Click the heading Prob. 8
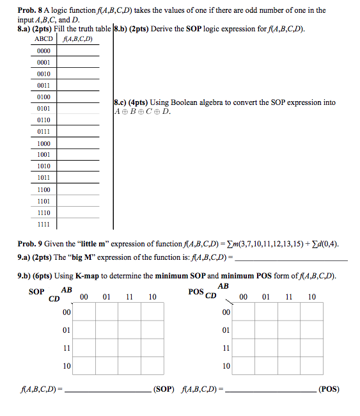(29, 10)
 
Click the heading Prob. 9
(29, 244)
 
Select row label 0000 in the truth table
(43, 51)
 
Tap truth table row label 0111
(43, 132)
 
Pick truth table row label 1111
(43, 224)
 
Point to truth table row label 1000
(43, 143)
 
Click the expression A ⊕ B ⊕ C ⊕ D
(142, 112)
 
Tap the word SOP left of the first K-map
(36, 292)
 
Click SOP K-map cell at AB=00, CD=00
(84, 312)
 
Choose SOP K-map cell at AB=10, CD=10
(152, 366)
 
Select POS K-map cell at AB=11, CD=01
(289, 330)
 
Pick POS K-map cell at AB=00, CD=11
(243, 348)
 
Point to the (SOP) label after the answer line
(162, 389)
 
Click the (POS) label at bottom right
(329, 389)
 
